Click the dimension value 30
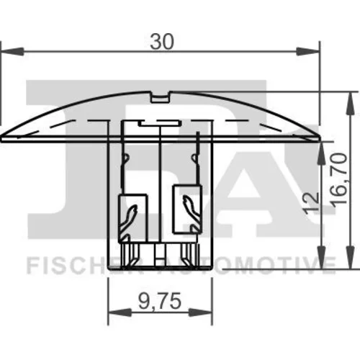[161, 42]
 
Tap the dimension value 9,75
[160, 302]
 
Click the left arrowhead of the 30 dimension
[12, 51]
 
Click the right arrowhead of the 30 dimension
[308, 51]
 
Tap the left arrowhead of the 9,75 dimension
[120, 312]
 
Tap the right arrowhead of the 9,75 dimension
[201, 312]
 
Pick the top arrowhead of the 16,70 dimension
[351, 104]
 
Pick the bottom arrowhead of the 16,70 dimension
[351, 256]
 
